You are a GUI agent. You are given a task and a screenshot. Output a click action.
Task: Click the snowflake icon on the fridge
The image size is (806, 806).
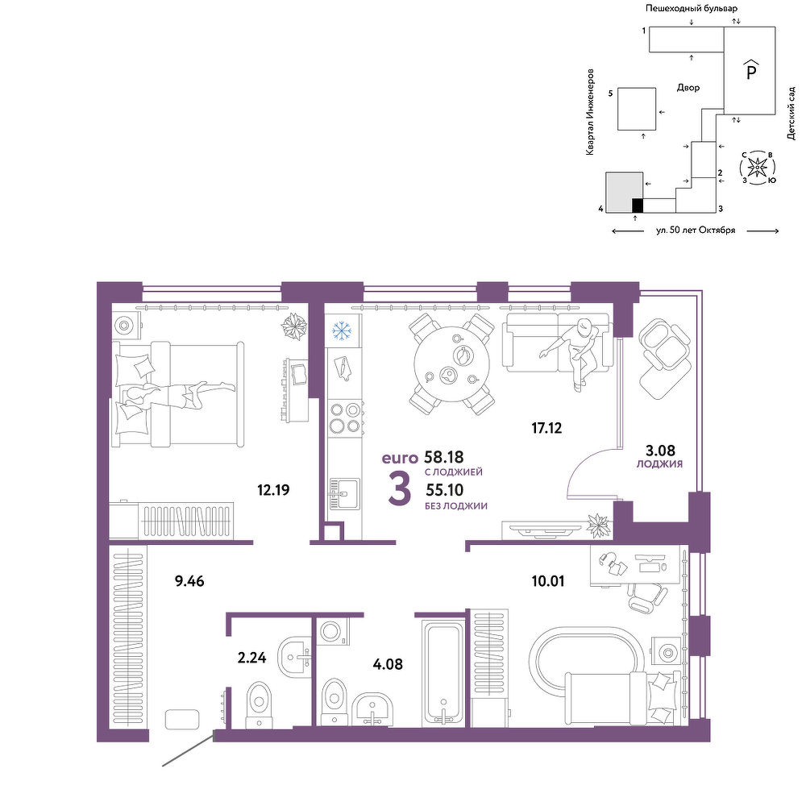(x=340, y=330)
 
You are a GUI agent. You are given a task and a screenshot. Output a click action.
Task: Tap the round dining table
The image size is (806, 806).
(x=452, y=364)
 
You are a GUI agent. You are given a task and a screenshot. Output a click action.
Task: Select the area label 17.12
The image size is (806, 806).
(x=546, y=428)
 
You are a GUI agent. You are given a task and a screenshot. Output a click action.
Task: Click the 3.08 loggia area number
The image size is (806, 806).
(x=660, y=451)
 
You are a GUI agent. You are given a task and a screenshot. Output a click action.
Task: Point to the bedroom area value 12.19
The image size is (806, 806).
(x=273, y=490)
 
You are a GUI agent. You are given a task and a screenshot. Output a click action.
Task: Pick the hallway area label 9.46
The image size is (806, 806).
(x=189, y=581)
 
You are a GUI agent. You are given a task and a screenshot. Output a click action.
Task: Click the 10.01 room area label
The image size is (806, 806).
(x=548, y=581)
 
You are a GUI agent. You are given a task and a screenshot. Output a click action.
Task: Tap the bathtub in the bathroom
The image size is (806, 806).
(x=443, y=673)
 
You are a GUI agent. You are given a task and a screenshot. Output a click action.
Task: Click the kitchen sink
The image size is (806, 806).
(x=344, y=494)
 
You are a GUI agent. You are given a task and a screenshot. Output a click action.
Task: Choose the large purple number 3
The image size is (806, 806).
(x=400, y=489)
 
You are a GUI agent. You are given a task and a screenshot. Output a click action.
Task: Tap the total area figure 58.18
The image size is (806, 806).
(x=444, y=456)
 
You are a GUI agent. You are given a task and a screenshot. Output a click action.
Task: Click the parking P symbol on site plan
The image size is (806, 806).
(x=751, y=70)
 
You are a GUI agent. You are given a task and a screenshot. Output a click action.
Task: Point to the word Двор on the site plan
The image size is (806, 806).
(x=688, y=88)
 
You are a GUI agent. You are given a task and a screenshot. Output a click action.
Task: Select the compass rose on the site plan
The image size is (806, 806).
(x=757, y=167)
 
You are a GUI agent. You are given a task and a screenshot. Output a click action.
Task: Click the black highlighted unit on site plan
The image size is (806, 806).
(x=638, y=205)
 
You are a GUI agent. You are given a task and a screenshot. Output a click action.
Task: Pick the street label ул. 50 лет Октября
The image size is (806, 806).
(x=696, y=231)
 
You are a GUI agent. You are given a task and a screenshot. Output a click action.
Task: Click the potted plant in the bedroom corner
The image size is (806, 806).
(x=294, y=327)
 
